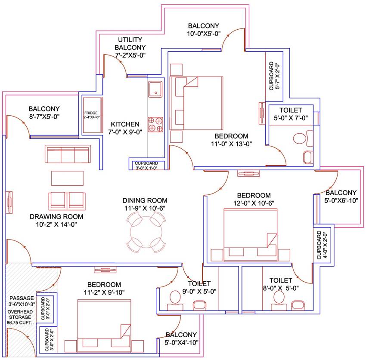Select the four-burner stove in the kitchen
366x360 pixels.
pos(155,124)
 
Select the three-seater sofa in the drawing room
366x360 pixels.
pos(68,154)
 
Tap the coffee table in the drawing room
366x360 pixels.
pos(67,178)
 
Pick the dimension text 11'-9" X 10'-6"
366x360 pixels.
pos(145,208)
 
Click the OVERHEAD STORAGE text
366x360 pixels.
pos(21,316)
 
